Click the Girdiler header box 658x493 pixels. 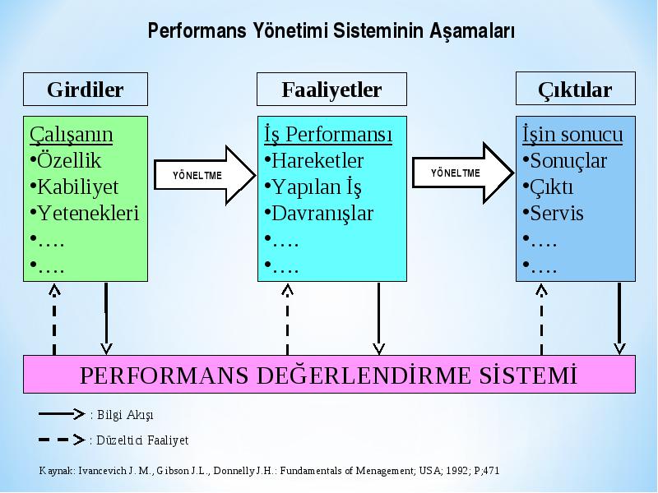86,90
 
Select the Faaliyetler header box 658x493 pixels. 331,90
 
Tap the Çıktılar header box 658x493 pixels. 575,89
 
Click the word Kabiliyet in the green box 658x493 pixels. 78,187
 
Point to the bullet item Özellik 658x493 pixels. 66,160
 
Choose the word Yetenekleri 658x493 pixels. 88,213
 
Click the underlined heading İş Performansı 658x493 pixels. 328,135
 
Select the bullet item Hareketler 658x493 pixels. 314,160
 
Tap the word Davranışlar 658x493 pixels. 322,214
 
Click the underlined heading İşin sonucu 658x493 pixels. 572,135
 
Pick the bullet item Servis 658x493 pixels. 553,213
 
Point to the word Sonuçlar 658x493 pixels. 568,161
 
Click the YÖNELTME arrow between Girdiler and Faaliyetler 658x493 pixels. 205,175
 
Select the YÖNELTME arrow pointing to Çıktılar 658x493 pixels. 463,173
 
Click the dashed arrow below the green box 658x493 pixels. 54,320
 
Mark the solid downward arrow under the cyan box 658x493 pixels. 378,319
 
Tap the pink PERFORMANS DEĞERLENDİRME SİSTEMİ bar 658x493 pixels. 329,375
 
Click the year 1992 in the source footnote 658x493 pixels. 456,471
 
